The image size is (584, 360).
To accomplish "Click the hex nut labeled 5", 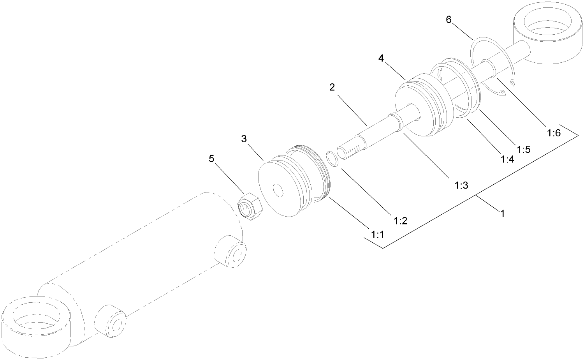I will coord(250,207).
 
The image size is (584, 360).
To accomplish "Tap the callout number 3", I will coord(244,139).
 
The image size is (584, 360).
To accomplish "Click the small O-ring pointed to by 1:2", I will coord(331,159).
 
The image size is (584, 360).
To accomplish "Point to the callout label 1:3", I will coord(461,185).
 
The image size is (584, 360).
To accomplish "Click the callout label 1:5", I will coord(524,149).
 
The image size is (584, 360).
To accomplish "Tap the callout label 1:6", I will coord(553,133).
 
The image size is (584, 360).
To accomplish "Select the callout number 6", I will coord(449,20).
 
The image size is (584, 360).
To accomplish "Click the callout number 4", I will coord(381,58).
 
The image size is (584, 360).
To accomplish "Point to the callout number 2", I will coord(332,87).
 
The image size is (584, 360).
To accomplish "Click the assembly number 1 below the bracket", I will coord(502,214).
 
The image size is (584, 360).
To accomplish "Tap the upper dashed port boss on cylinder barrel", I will coord(231,252).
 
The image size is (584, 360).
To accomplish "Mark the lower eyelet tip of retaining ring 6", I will coord(503,93).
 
